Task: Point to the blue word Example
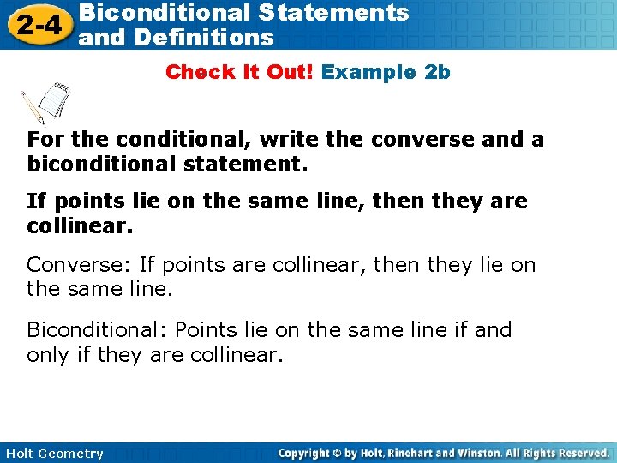(x=368, y=72)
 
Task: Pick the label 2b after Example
(x=437, y=72)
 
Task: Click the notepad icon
(x=48, y=101)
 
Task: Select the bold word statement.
(x=251, y=162)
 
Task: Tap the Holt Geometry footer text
(x=53, y=454)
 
